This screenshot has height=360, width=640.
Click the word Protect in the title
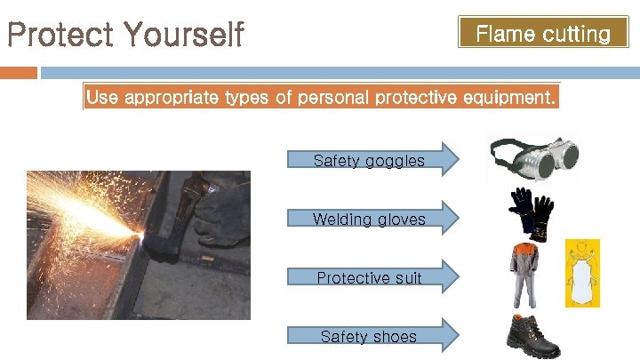coord(60,36)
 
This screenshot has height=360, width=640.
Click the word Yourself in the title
coord(184,36)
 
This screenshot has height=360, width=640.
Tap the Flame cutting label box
coord(543,35)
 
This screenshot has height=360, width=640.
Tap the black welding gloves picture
coord(530,212)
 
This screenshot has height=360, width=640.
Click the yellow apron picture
coord(583,273)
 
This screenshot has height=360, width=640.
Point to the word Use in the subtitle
coord(102,98)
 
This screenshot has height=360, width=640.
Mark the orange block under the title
coord(19,72)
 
